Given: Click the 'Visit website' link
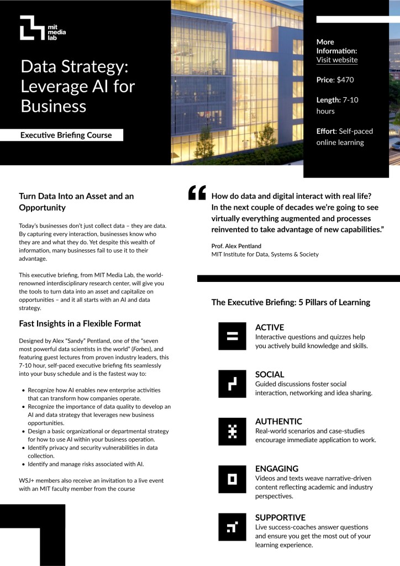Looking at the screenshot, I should pos(336,60).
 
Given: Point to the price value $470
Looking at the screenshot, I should pos(345,80).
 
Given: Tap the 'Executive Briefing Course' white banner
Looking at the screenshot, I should pos(66,135).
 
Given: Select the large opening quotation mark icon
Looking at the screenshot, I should pos(197,192).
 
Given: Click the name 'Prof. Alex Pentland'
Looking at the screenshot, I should pos(237,245).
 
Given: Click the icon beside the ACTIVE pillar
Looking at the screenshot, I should pos(232,336).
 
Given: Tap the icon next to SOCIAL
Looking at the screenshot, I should pos(232,383).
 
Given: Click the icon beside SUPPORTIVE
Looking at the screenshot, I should pos(232,527).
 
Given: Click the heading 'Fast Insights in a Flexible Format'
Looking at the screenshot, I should pos(80,323).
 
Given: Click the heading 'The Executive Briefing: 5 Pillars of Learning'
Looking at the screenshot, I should pos(291,302).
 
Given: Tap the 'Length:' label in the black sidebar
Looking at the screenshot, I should pos(328,100).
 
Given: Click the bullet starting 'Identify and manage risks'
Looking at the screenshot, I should pos(86,464).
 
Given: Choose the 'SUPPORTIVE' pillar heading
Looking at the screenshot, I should pos(280,517).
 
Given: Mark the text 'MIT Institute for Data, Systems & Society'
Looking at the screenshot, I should pos(265,254).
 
